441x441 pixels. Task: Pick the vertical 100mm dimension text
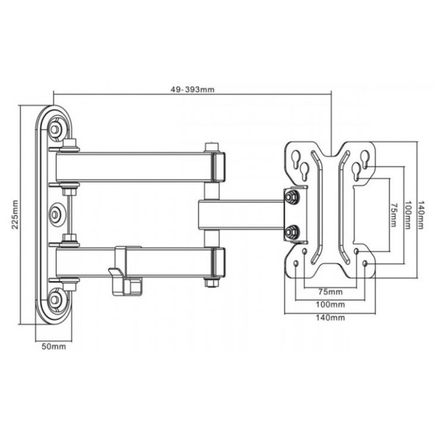[x=406, y=215]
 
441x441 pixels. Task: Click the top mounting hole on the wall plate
[x=57, y=131]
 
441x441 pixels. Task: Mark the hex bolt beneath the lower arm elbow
[x=213, y=282]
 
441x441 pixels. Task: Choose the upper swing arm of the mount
[x=140, y=168]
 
